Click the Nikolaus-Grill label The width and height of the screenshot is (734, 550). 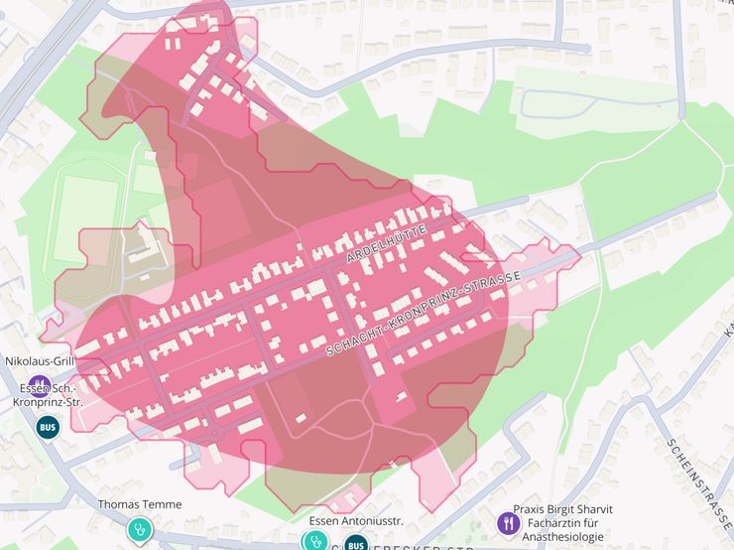pos(40,361)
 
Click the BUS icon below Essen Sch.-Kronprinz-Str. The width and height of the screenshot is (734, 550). pos(47,427)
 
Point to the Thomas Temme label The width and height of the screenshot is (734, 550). pos(140,504)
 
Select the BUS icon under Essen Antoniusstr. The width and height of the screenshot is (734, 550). pos(356,543)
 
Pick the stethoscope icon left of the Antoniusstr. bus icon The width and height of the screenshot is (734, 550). pos(315,540)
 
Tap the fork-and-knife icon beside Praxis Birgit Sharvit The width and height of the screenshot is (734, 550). pos(508,521)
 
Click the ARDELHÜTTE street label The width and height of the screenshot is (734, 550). pos(386,243)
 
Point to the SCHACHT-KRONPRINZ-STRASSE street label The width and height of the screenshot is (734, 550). pos(424,313)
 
